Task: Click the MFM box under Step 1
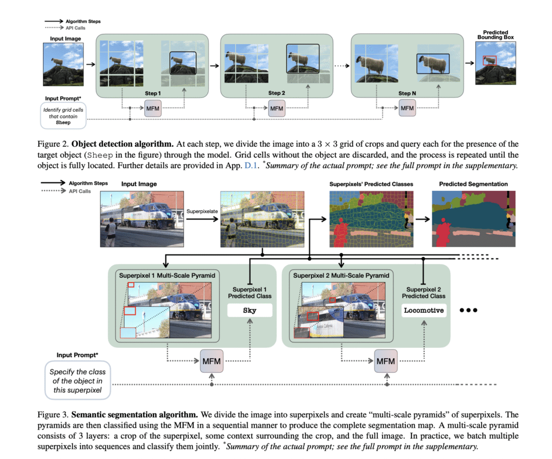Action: point(153,109)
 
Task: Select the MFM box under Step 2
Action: point(277,109)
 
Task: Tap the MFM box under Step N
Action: point(408,109)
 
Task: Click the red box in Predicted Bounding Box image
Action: point(489,60)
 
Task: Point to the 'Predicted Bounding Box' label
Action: point(495,35)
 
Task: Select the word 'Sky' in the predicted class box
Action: point(250,311)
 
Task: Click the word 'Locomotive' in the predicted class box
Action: point(424,311)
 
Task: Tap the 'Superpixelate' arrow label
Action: point(202,211)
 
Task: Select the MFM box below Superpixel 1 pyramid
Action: point(211,361)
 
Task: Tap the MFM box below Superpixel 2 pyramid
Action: point(385,361)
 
